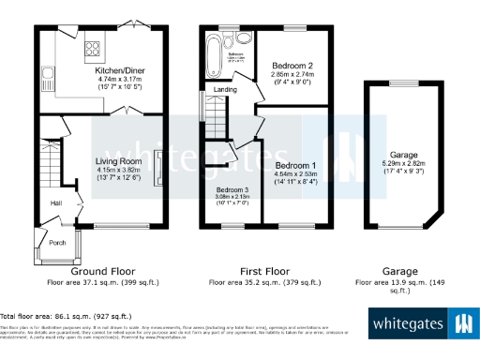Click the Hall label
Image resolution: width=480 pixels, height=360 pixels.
tap(56, 202)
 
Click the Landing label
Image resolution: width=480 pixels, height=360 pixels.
tap(225, 90)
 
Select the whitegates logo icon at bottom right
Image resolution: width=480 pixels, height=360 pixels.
tap(462, 324)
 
